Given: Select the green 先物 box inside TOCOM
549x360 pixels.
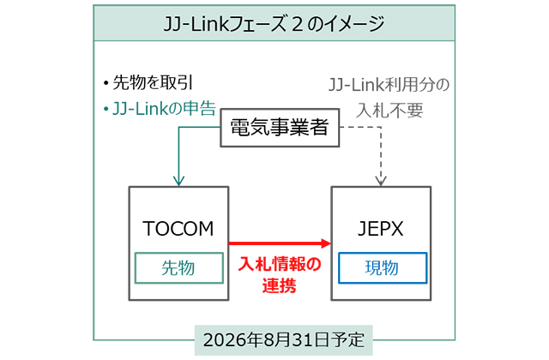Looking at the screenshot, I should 178,268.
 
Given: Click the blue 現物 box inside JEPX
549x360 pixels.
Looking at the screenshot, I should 382,268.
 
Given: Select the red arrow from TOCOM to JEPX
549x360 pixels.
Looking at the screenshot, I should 279,243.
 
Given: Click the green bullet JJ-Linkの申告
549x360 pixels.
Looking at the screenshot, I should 160,109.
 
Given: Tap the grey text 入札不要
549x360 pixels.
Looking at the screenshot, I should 389,110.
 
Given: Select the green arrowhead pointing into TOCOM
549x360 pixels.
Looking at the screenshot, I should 178,181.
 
